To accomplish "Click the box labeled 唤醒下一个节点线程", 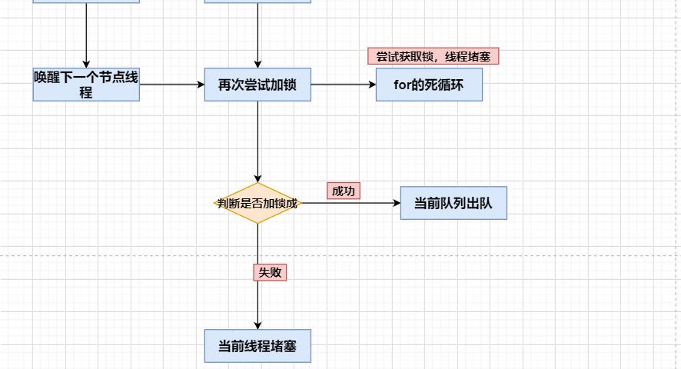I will (86, 85).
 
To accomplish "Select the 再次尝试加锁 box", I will (257, 85).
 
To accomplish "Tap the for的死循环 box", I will (429, 85).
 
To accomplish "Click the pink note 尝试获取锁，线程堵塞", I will (434, 57).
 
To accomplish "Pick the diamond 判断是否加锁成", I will (257, 204).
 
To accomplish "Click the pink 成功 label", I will (344, 191).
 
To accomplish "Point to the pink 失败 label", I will (270, 272).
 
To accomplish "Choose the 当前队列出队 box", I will (453, 204).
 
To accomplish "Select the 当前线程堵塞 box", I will (257, 346).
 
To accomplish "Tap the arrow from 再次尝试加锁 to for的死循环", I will (343, 85).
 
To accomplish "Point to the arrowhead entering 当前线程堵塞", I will (257, 325).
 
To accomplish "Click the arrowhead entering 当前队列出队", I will (397, 204).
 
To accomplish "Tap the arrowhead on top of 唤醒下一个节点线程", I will (86, 64).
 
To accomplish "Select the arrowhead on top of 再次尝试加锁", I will (257, 64).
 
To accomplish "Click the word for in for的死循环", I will (403, 85).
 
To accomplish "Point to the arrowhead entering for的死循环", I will (371, 85).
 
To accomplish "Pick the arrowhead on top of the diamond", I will (257, 178).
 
